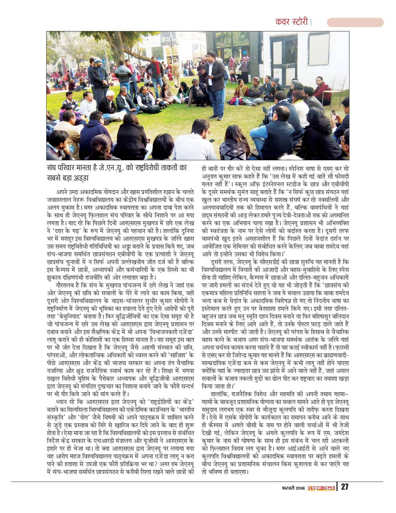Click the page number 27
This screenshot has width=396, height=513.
coord(344,487)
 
